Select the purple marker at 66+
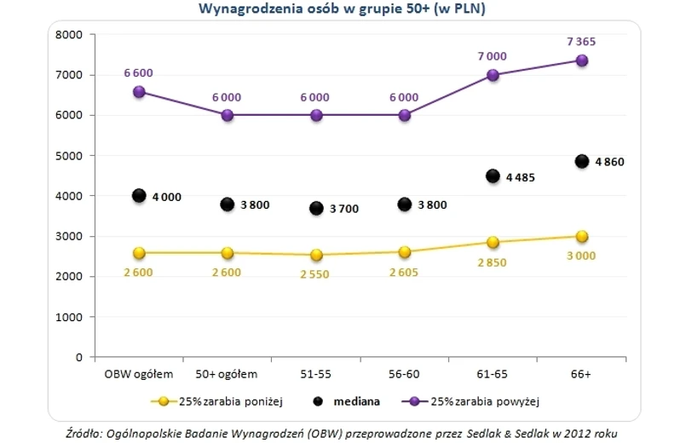point(582,60)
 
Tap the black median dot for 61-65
point(493,175)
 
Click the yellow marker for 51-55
point(316,255)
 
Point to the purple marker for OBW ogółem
point(139,91)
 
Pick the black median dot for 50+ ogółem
point(228,204)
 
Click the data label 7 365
point(581,41)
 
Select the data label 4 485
point(522,177)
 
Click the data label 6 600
point(138,73)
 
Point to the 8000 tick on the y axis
point(67,35)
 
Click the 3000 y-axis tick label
point(67,237)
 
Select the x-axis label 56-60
point(405,373)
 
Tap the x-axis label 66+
point(582,373)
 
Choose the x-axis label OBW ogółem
point(139,373)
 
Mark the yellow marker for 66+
point(582,236)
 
